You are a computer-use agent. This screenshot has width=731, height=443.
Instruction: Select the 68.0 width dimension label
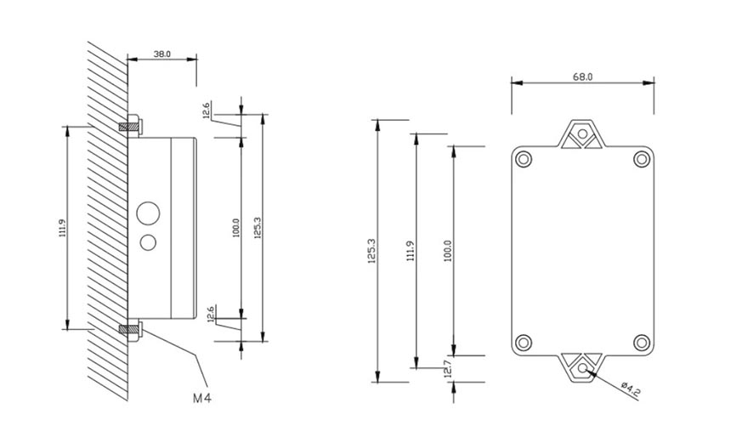[x=582, y=77]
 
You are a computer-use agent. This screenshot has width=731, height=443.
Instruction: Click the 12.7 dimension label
[x=446, y=369]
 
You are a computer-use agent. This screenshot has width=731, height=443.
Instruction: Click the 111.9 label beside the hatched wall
[x=62, y=228]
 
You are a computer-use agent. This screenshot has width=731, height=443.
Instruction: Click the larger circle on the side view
[x=150, y=213]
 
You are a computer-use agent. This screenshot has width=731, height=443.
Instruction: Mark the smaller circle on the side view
[x=150, y=242]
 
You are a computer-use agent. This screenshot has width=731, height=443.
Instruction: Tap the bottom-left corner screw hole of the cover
[x=525, y=343]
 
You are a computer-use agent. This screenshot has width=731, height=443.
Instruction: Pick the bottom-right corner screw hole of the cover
[x=640, y=343]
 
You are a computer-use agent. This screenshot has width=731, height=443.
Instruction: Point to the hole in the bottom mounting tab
[x=582, y=368]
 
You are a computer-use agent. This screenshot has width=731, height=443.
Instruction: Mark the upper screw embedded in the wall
[x=132, y=127]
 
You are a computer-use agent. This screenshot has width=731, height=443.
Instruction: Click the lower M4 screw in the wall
[x=132, y=327]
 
